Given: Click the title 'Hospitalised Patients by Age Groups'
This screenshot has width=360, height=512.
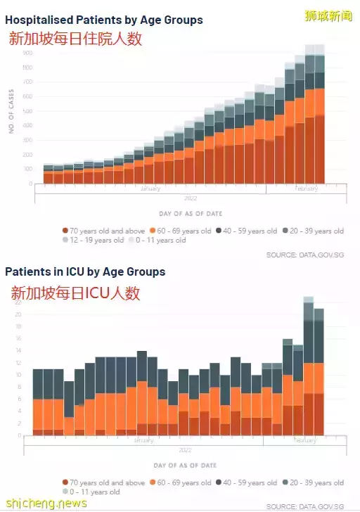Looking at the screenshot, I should pos(103,20).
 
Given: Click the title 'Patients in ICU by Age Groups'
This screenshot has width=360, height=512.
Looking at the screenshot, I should pos(85,271).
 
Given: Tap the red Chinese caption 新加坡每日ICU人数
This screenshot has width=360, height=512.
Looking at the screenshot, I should pos(75,293).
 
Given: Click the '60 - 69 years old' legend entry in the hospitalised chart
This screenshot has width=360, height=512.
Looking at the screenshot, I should pos(179,231).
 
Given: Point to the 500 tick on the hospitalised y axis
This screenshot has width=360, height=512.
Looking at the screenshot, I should pos(26,111).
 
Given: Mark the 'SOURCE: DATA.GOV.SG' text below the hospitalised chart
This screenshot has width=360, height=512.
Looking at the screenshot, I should pos(304,255).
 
